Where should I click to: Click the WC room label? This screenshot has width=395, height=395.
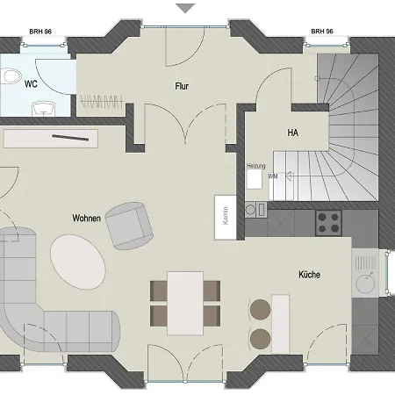(x=31, y=84)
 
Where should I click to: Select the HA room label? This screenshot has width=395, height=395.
(x=292, y=133)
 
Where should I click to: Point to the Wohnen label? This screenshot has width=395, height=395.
(x=86, y=218)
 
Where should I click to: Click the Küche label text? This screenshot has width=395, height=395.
(x=308, y=275)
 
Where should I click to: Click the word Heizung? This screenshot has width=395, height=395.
(x=255, y=164)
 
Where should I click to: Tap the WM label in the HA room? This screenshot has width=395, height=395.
(x=273, y=176)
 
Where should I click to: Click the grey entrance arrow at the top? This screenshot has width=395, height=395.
(x=185, y=8)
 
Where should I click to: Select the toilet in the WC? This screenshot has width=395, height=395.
(x=11, y=78)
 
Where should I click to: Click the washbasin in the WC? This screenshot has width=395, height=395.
(x=43, y=109)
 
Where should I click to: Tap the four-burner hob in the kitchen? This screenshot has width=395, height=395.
(x=328, y=222)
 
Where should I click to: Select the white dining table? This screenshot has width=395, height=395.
(x=185, y=301)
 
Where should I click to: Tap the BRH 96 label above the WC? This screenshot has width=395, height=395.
(x=39, y=31)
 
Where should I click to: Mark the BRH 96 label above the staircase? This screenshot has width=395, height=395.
(x=322, y=31)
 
